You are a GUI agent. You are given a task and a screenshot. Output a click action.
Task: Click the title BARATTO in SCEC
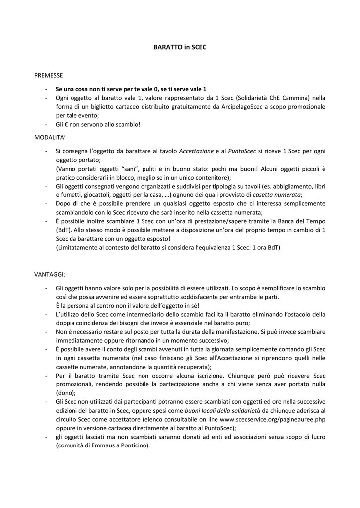(x=180, y=47)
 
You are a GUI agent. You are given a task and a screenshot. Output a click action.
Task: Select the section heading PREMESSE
(x=48, y=76)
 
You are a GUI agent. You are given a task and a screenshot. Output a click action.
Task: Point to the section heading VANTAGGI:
(x=50, y=274)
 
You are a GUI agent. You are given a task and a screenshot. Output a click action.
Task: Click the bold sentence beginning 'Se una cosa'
(x=131, y=89)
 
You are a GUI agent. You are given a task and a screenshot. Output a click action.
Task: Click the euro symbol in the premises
(x=66, y=124)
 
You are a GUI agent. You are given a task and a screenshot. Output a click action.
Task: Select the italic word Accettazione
(x=196, y=151)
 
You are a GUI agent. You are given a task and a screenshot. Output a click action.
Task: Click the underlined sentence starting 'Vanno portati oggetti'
(x=157, y=169)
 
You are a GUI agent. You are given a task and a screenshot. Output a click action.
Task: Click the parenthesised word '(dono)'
(x=66, y=393)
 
